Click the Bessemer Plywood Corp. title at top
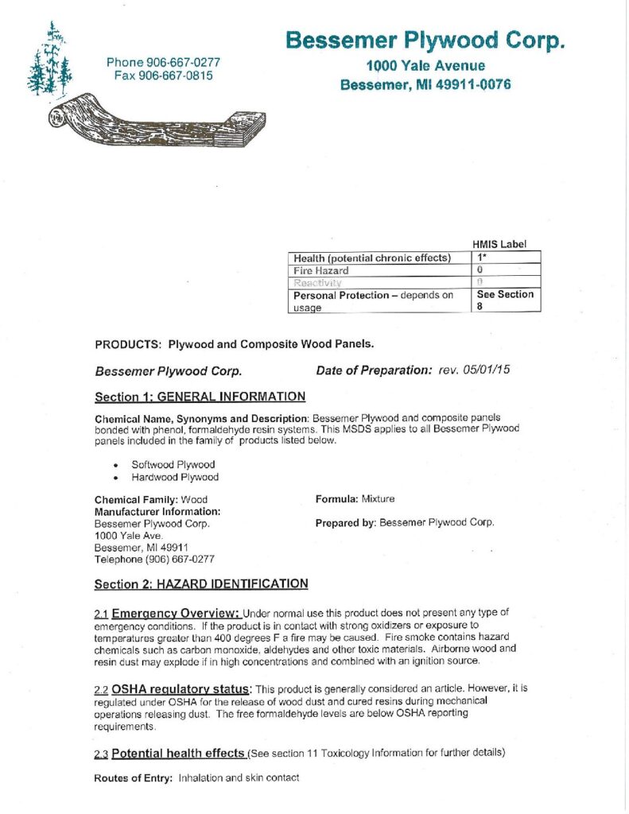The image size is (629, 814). tap(425, 40)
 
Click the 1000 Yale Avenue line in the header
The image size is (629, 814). tap(425, 66)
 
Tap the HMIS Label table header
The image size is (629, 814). tap(499, 244)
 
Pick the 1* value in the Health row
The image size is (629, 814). tap(483, 258)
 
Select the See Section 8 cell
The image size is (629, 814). tap(505, 300)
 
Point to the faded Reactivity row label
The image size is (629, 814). tap(318, 282)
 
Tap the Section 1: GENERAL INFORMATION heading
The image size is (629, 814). tap(200, 397)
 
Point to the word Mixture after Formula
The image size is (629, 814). tap(378, 499)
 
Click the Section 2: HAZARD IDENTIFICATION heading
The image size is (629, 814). tap(201, 584)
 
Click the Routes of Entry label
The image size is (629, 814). tap(134, 777)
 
